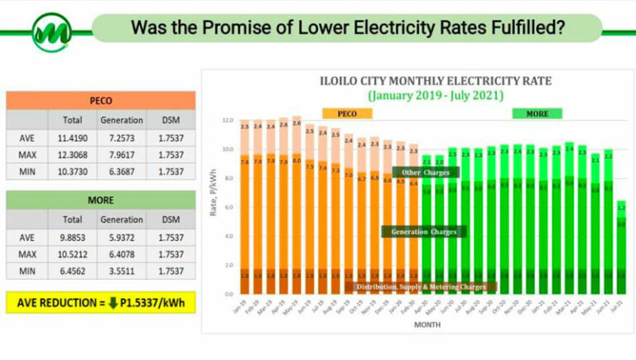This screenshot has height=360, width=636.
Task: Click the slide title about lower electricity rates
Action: tap(348, 27)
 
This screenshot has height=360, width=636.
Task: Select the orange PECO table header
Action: tap(100, 100)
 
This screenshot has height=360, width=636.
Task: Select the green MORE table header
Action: tap(100, 199)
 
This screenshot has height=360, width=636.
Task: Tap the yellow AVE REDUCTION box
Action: tap(100, 302)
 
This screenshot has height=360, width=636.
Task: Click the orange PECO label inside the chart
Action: tap(340, 113)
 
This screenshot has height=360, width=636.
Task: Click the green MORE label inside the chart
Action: tap(537, 113)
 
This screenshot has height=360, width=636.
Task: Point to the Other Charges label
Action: tap(425, 172)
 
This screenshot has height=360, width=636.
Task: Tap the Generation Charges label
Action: tap(424, 232)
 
